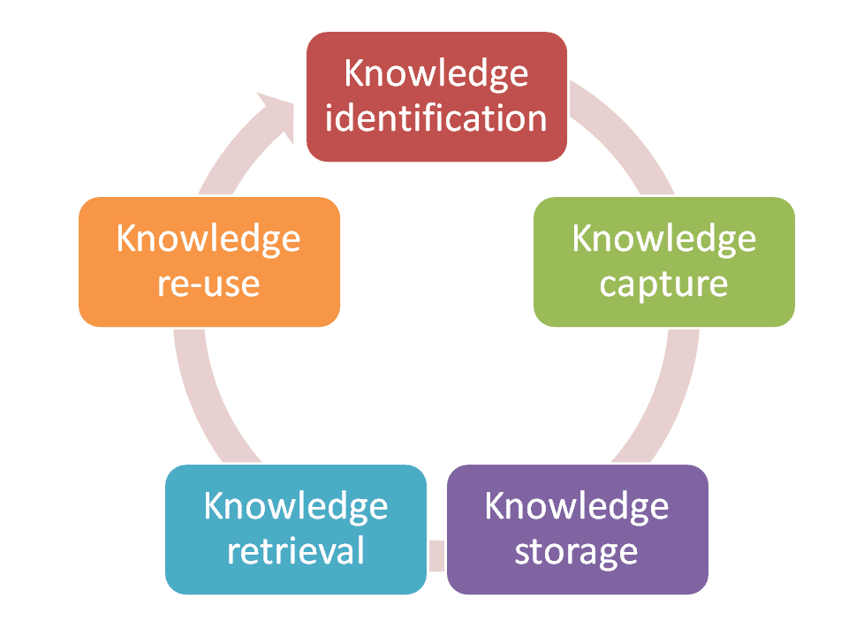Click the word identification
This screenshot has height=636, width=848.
pyautogui.click(x=436, y=117)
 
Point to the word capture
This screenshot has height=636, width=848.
pyautogui.click(x=664, y=284)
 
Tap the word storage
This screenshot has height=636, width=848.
pyautogui.click(x=576, y=551)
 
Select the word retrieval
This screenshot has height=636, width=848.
pyautogui.click(x=296, y=550)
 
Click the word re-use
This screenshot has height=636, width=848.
pyautogui.click(x=209, y=284)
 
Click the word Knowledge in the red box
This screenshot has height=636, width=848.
pyautogui.click(x=436, y=73)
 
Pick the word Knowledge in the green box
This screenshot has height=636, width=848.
pyautogui.click(x=664, y=238)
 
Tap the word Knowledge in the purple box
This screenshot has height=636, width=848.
pyautogui.click(x=577, y=506)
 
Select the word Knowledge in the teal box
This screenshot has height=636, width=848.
pyautogui.click(x=296, y=506)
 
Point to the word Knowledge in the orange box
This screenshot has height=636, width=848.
pyautogui.click(x=209, y=238)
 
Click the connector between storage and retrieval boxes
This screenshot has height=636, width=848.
pyautogui.click(x=436, y=554)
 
